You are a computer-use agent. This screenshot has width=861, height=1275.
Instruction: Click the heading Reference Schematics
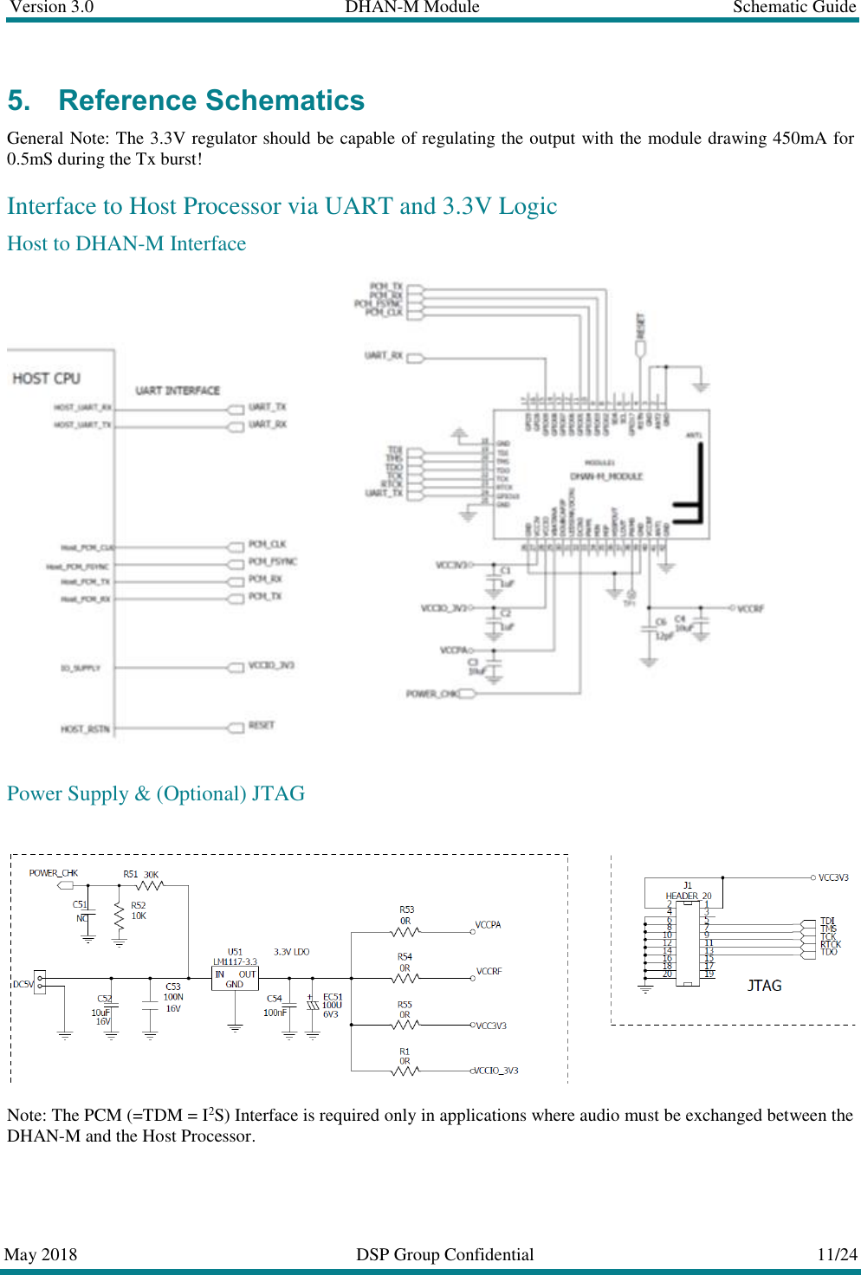coord(211,100)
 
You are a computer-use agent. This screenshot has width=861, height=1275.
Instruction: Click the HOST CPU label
coord(46,379)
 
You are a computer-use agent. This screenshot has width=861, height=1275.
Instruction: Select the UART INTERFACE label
coord(178,391)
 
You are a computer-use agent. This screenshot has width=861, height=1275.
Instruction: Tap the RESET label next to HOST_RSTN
coord(261,725)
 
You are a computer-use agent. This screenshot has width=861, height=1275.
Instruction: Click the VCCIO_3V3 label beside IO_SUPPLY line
coord(271,665)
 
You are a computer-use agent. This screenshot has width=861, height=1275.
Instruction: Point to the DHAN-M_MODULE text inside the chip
coord(606,476)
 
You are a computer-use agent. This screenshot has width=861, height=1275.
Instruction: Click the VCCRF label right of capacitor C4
coord(750,609)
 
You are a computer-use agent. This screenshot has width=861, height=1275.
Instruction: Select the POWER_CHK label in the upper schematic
coord(433,694)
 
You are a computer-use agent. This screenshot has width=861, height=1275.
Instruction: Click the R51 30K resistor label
coord(140,875)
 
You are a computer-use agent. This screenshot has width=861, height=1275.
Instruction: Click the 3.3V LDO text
coord(291,952)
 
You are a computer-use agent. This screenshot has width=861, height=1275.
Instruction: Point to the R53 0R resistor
coord(405,932)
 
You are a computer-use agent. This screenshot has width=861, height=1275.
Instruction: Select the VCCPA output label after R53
coord(488,925)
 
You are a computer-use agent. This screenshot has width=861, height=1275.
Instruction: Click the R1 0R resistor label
coord(405,1056)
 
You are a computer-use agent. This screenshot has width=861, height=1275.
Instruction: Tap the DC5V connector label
coord(23,984)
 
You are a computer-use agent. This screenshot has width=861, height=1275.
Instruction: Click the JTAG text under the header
coord(764,986)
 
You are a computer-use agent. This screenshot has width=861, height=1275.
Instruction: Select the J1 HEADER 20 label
coord(688,891)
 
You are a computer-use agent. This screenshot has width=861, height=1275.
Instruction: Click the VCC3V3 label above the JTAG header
coord(833,877)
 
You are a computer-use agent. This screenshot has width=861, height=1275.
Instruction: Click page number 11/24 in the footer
coord(837,1254)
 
